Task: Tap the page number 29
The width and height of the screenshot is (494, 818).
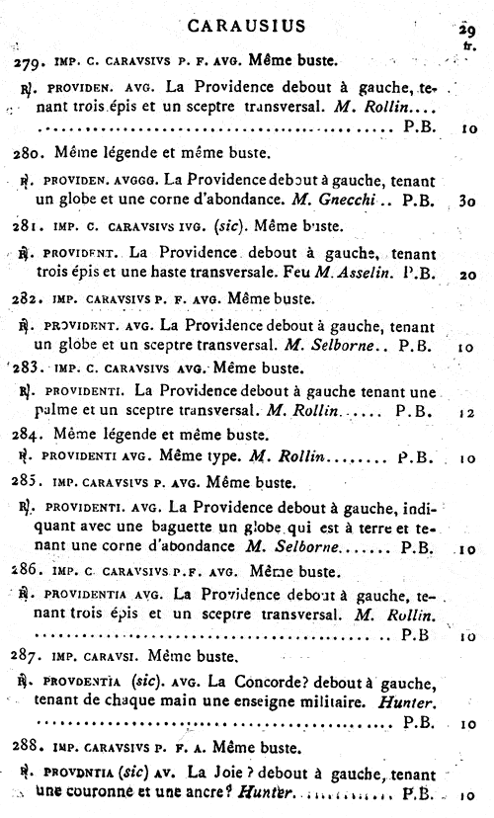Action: [x=467, y=30]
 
